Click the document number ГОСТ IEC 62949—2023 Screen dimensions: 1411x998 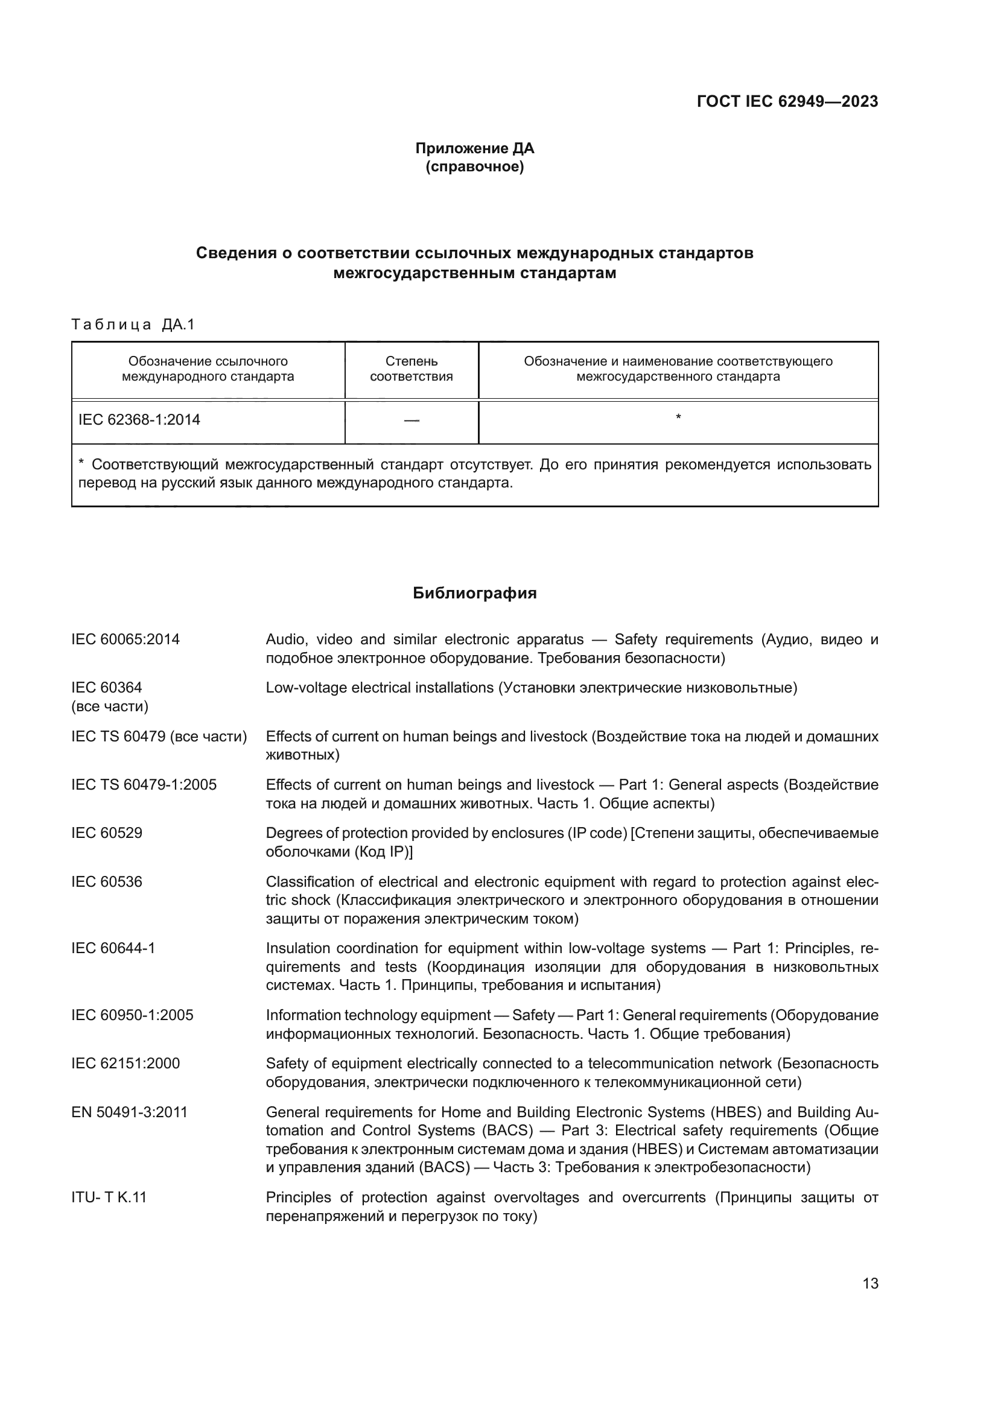pos(787,101)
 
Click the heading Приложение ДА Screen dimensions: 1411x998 pos(474,148)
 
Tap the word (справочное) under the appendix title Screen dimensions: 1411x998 pos(474,166)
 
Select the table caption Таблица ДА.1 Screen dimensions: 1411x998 pos(133,325)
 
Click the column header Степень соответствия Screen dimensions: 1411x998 pos(411,369)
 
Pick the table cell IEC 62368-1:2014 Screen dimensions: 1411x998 pos(139,420)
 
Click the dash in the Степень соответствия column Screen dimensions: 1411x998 pos(411,420)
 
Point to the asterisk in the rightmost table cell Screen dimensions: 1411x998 pos(678,418)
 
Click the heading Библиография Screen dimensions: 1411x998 pos(474,593)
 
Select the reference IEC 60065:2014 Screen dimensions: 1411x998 pos(126,639)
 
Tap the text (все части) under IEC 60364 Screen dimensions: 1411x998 pos(110,706)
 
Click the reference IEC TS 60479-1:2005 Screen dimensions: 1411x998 pos(144,785)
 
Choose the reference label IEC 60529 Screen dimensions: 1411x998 pos(107,832)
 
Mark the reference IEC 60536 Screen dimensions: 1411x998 pos(107,882)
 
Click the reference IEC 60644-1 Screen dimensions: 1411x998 pos(113,948)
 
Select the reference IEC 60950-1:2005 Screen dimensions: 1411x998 pos(132,1015)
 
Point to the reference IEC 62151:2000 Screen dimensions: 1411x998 pos(126,1064)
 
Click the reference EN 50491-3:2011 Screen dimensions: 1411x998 pos(129,1112)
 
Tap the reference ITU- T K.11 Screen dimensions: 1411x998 pos(109,1197)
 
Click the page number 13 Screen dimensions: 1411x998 pos(870,1284)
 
